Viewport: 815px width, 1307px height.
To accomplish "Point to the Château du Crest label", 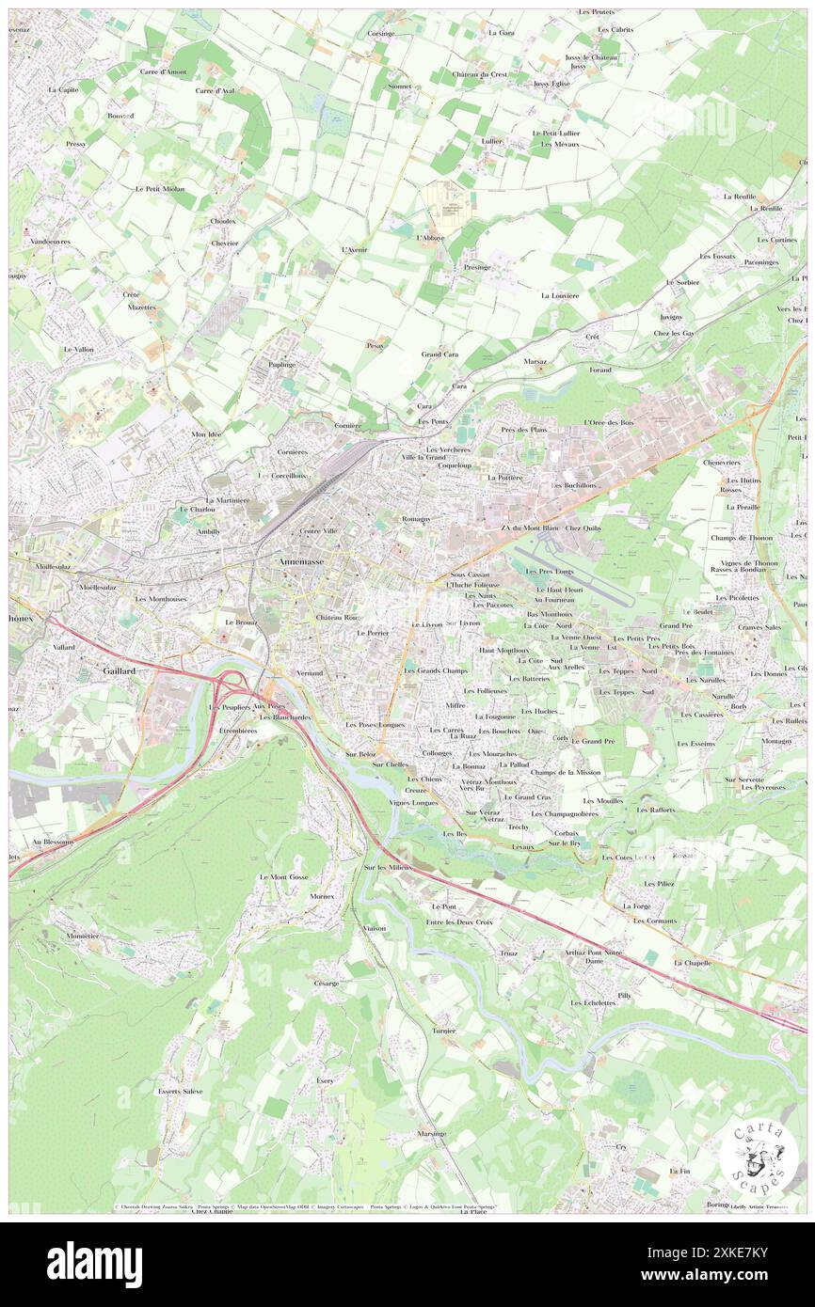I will (x=480, y=74).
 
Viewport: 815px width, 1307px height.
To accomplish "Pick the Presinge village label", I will (x=477, y=266).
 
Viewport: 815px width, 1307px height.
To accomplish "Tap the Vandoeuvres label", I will (x=50, y=242).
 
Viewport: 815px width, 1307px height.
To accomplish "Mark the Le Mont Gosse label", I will (x=284, y=876).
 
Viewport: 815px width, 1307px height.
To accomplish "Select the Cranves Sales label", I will (x=759, y=627).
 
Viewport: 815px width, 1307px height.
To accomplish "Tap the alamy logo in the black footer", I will (x=94, y=1264).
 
